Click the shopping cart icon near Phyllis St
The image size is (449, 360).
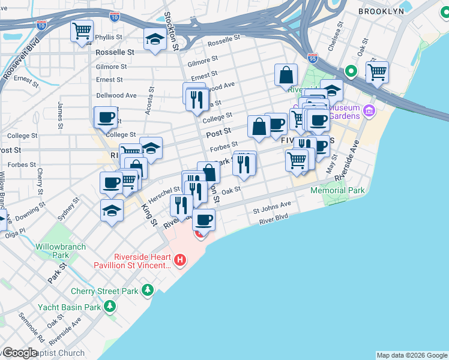(82, 31)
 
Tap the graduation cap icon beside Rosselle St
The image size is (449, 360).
(155, 39)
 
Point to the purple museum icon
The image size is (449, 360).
(369, 112)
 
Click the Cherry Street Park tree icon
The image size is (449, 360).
(147, 291)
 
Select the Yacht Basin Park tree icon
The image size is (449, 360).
(109, 307)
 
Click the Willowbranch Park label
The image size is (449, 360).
(61, 251)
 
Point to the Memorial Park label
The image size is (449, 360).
(337, 191)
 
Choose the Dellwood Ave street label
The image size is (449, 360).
(116, 95)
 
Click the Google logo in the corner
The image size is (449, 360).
(20, 353)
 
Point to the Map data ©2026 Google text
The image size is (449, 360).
(412, 355)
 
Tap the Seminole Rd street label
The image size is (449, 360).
(31, 327)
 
